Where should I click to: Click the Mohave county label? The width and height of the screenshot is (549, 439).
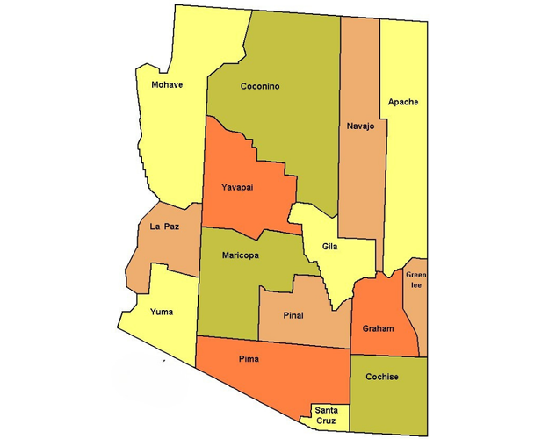point(167,85)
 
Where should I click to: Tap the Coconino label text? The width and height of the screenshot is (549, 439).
point(260,86)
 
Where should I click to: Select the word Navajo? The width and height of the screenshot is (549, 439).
point(360,126)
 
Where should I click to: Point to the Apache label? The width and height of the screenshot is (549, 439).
point(404,102)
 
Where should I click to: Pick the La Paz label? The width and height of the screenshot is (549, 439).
point(165,227)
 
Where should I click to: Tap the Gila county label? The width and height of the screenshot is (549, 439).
point(329,247)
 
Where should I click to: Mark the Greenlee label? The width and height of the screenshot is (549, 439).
point(415,279)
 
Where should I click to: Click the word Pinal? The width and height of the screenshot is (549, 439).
point(294,314)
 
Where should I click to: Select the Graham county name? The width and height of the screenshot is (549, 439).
point(378,328)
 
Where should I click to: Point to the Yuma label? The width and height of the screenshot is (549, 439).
point(162,312)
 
